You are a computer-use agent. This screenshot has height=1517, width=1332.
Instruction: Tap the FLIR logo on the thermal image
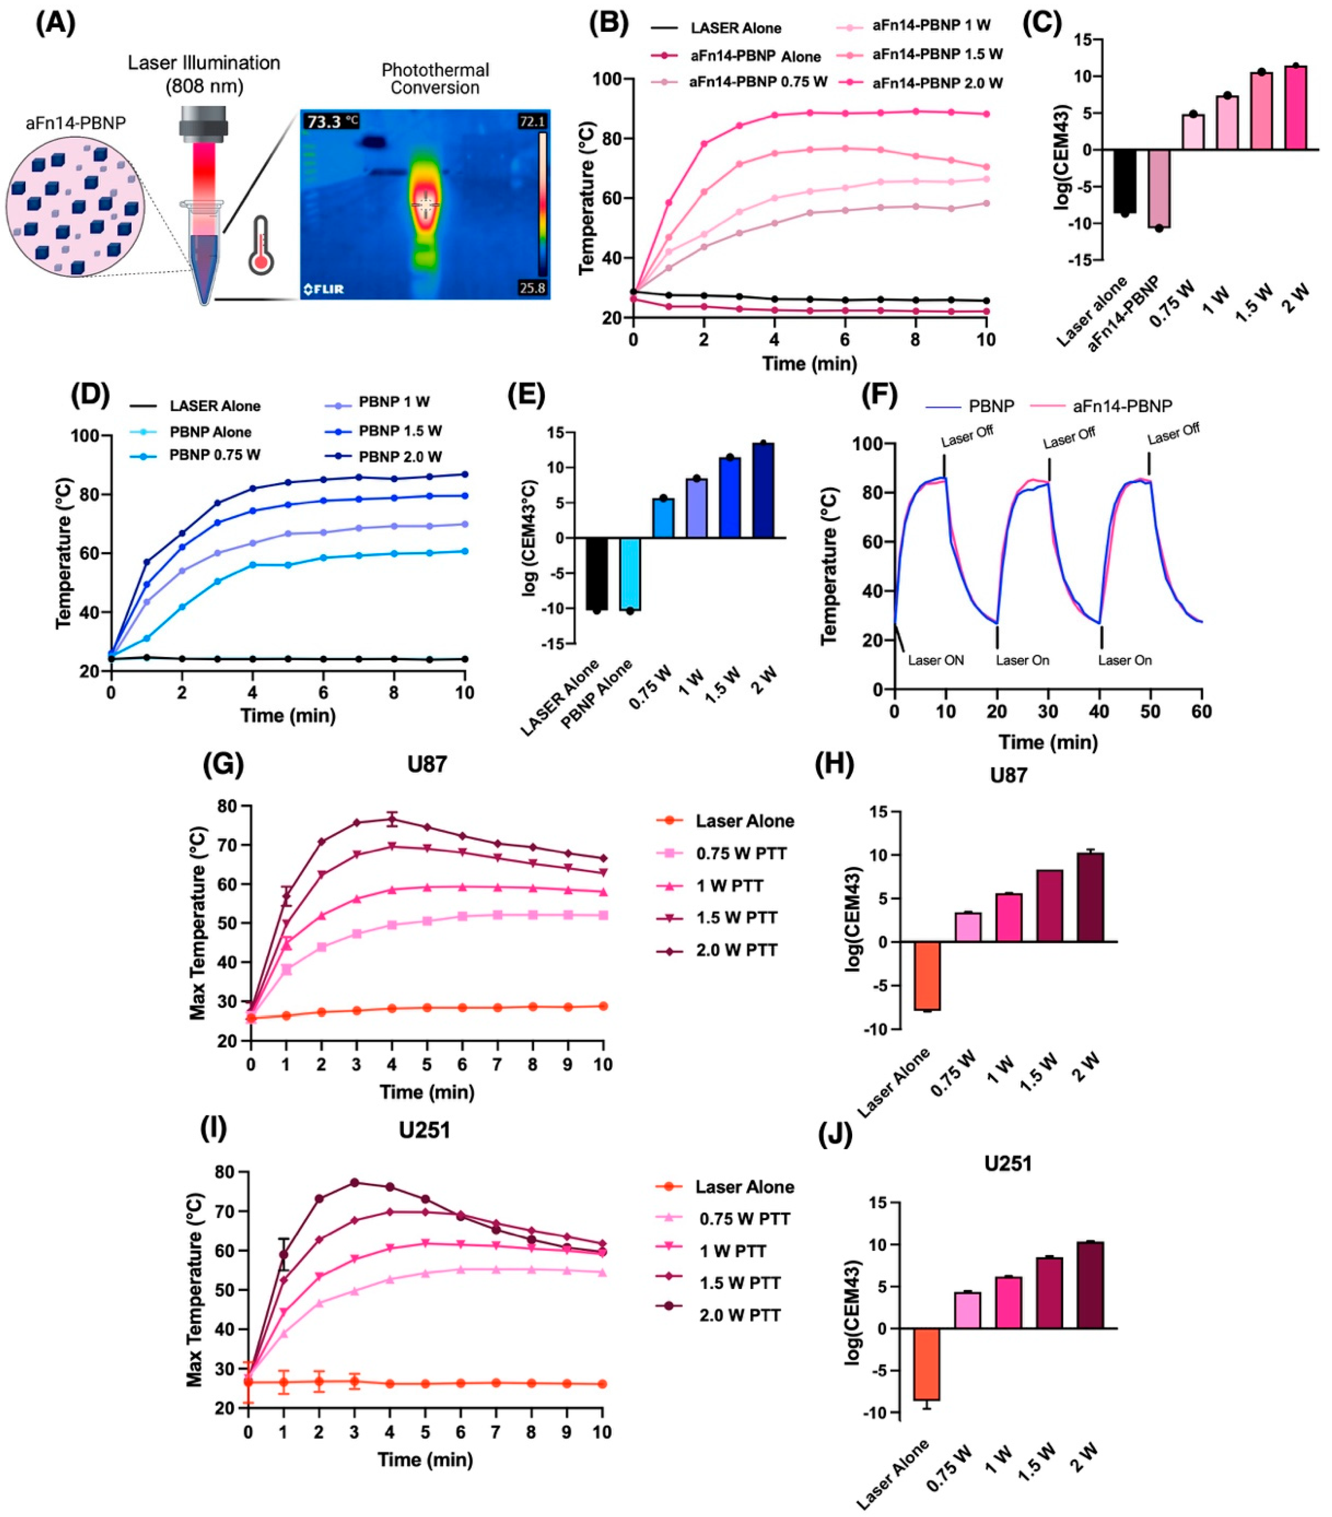(x=324, y=289)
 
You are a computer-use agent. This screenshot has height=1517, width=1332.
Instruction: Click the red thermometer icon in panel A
(x=261, y=245)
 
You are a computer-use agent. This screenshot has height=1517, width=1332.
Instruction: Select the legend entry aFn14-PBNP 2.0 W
(x=937, y=83)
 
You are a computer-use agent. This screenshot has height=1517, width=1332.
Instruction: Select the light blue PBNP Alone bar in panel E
(x=630, y=574)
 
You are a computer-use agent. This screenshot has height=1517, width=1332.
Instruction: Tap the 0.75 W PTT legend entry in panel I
(x=744, y=1219)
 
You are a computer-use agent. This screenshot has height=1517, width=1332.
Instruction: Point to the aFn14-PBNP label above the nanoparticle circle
(x=76, y=123)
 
